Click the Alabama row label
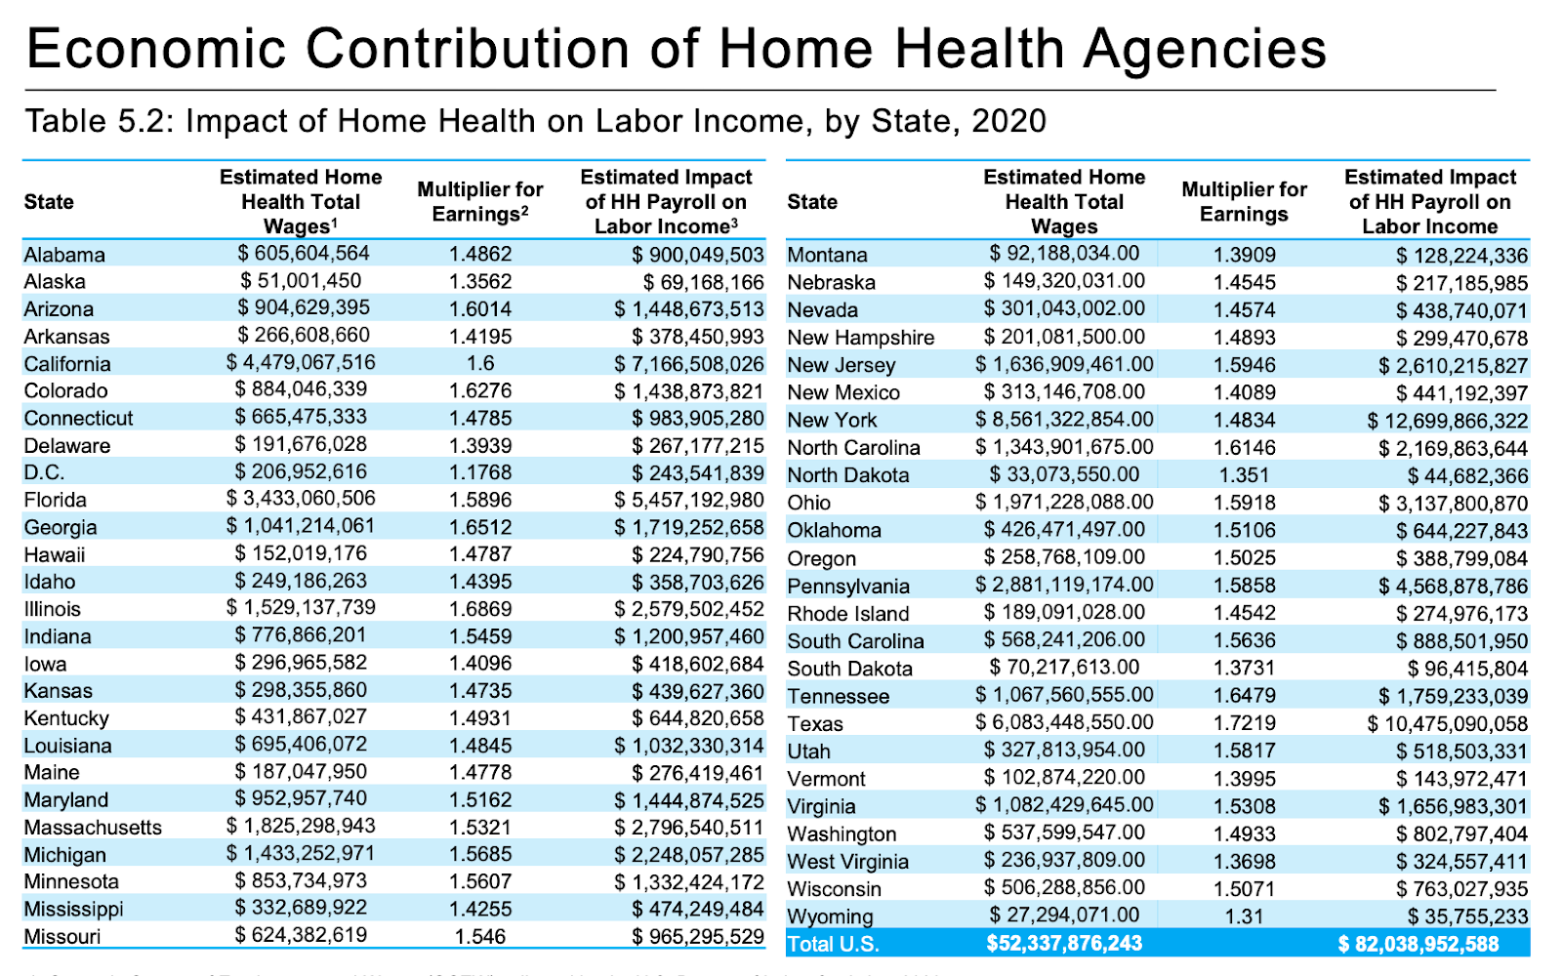(64, 255)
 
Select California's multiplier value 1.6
(480, 363)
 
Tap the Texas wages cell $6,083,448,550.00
(1064, 723)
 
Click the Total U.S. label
(833, 944)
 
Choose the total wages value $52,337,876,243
(1064, 944)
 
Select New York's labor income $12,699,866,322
(1447, 421)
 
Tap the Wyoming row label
(831, 916)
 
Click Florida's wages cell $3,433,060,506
(301, 499)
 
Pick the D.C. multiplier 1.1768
(480, 472)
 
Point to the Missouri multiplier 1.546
(480, 937)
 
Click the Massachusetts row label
(93, 828)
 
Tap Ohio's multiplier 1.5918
(1244, 503)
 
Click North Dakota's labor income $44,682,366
(1467, 476)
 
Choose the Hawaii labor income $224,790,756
(697, 554)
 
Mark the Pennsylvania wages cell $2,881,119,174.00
(1064, 586)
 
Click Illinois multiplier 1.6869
(480, 609)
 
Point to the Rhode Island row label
(848, 614)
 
